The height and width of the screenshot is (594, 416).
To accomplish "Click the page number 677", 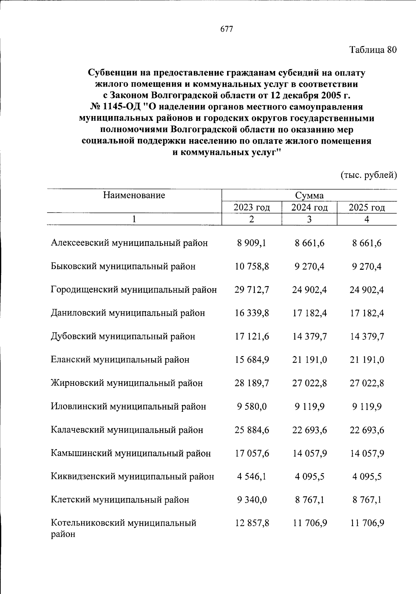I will (x=227, y=29).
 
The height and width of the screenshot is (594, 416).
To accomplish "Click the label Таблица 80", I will (x=373, y=50).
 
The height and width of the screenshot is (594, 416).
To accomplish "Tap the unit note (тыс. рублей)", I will (x=369, y=175).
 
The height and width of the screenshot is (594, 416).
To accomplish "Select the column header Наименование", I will (x=134, y=195).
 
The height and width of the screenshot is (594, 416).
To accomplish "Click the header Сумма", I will (x=309, y=196).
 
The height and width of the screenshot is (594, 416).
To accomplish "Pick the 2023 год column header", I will (x=252, y=208).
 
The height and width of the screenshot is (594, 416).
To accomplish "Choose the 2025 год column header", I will (x=367, y=208).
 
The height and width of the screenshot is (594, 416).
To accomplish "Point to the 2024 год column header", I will (x=309, y=208).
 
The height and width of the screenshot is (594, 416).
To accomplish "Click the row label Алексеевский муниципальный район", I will (x=129, y=243).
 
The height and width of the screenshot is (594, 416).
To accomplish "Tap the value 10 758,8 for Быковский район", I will (x=252, y=266).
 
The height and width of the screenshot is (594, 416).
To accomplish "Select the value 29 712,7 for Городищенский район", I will (x=252, y=290).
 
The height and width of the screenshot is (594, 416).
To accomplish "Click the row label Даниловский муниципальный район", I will (x=128, y=313).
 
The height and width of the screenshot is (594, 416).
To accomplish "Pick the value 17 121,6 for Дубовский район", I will (x=252, y=337).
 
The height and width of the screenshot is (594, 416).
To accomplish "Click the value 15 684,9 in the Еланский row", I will (x=252, y=360).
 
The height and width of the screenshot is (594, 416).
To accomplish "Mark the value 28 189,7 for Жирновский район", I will (x=252, y=383).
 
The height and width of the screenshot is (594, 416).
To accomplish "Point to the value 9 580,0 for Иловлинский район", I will (x=252, y=407).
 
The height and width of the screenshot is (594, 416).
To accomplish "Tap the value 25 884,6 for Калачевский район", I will (x=252, y=430).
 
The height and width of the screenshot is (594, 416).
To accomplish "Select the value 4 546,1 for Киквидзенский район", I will (x=252, y=477).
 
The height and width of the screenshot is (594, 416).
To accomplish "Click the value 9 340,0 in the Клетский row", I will (x=252, y=500).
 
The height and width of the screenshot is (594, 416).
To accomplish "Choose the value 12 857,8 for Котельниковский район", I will (x=252, y=523).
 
